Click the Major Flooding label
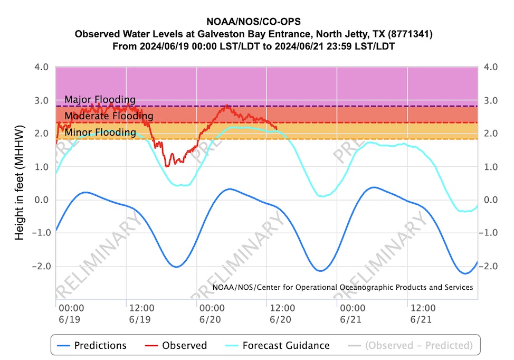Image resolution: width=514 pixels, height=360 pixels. (x=100, y=100)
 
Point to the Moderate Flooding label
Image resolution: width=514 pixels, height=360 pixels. (x=109, y=116)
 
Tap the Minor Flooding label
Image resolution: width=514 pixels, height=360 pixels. (x=100, y=132)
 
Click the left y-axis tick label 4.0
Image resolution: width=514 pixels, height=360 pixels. (x=42, y=68)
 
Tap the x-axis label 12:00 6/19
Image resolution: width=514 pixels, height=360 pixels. (x=141, y=312)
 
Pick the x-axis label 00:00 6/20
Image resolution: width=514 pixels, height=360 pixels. (x=211, y=312)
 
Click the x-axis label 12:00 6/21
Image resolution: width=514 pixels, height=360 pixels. (x=423, y=312)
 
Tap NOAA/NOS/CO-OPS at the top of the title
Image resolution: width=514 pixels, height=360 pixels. (x=253, y=24)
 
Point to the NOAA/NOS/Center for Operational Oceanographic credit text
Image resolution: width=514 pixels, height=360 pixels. (x=342, y=287)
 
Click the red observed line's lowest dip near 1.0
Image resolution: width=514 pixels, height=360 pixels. (x=167, y=166)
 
